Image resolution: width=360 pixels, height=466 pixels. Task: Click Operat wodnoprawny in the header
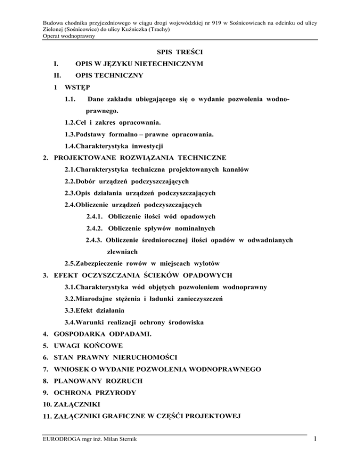pyautogui.click(x=68, y=36)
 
